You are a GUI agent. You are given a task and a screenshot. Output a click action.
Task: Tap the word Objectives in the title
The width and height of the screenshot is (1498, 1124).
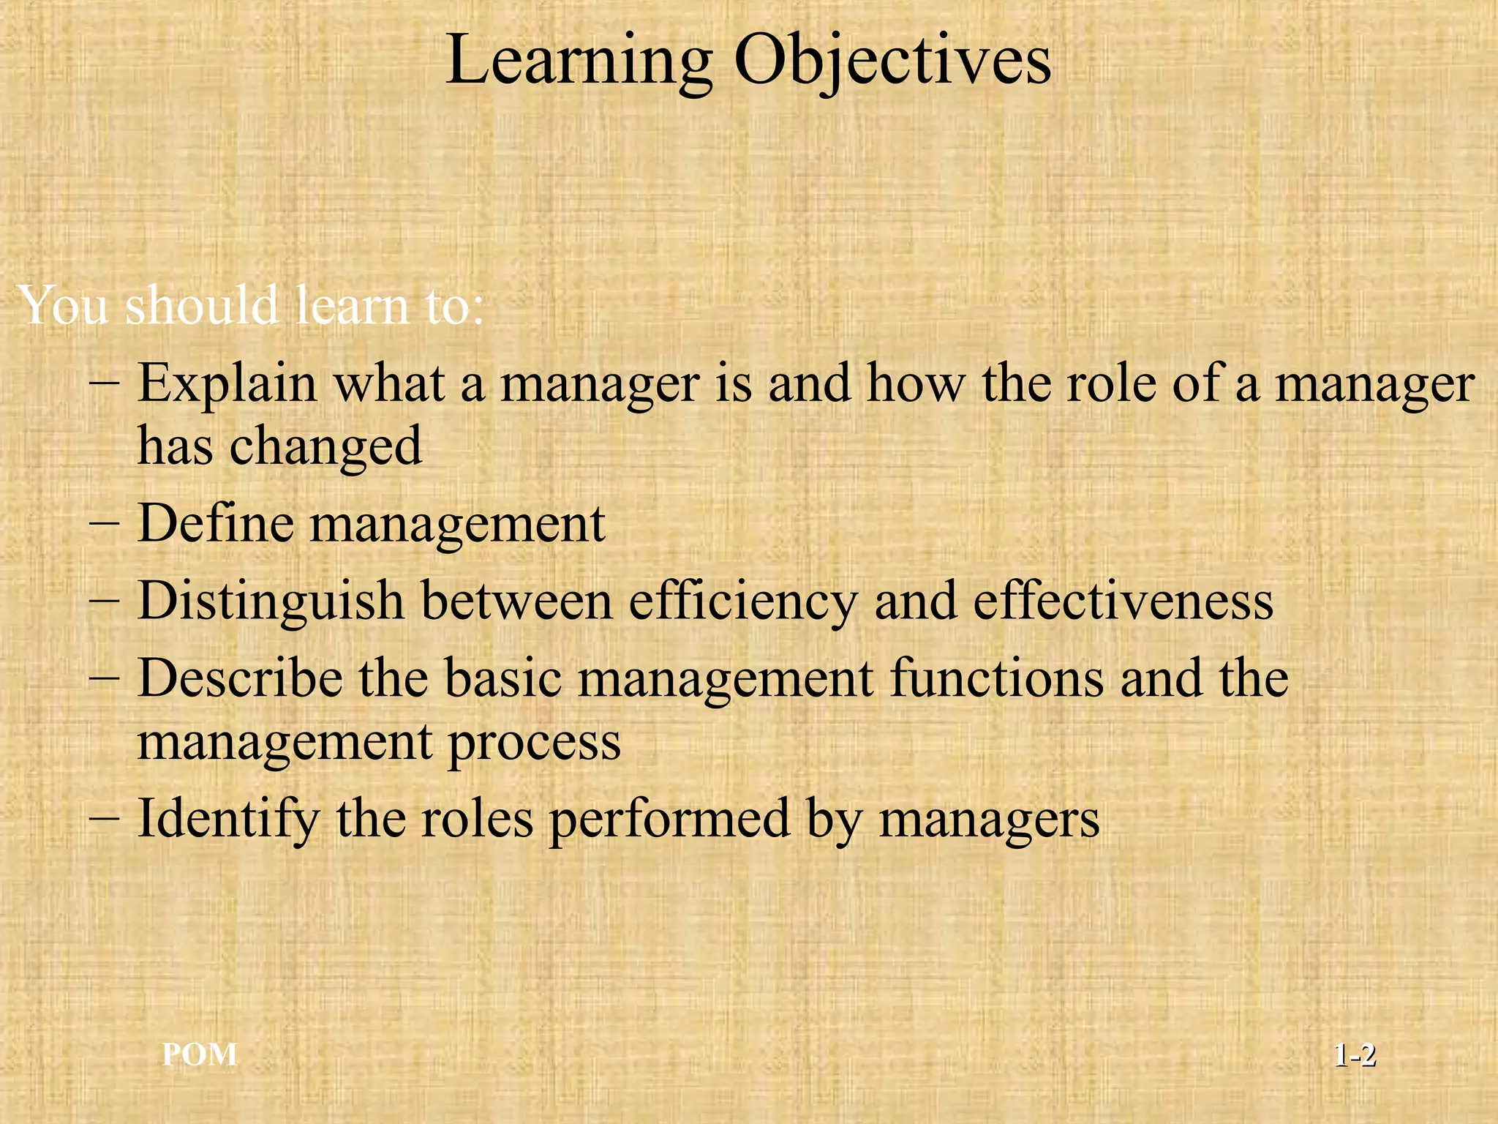tap(892, 61)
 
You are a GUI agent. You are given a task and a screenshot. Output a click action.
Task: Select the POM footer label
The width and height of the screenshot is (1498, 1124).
tap(200, 1054)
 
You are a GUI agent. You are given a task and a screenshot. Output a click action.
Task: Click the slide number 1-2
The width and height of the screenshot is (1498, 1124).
tap(1355, 1055)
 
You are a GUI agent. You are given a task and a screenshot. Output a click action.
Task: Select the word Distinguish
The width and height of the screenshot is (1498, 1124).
tap(271, 602)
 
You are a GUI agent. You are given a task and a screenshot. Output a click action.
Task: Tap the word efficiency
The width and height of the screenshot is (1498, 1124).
tap(742, 602)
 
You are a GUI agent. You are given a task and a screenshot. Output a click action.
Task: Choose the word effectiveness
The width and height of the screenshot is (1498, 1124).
tap(1123, 602)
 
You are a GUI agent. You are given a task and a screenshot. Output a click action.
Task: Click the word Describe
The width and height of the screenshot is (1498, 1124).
tap(240, 678)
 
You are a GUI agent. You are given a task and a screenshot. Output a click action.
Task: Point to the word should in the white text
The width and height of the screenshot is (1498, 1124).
tap(202, 306)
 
